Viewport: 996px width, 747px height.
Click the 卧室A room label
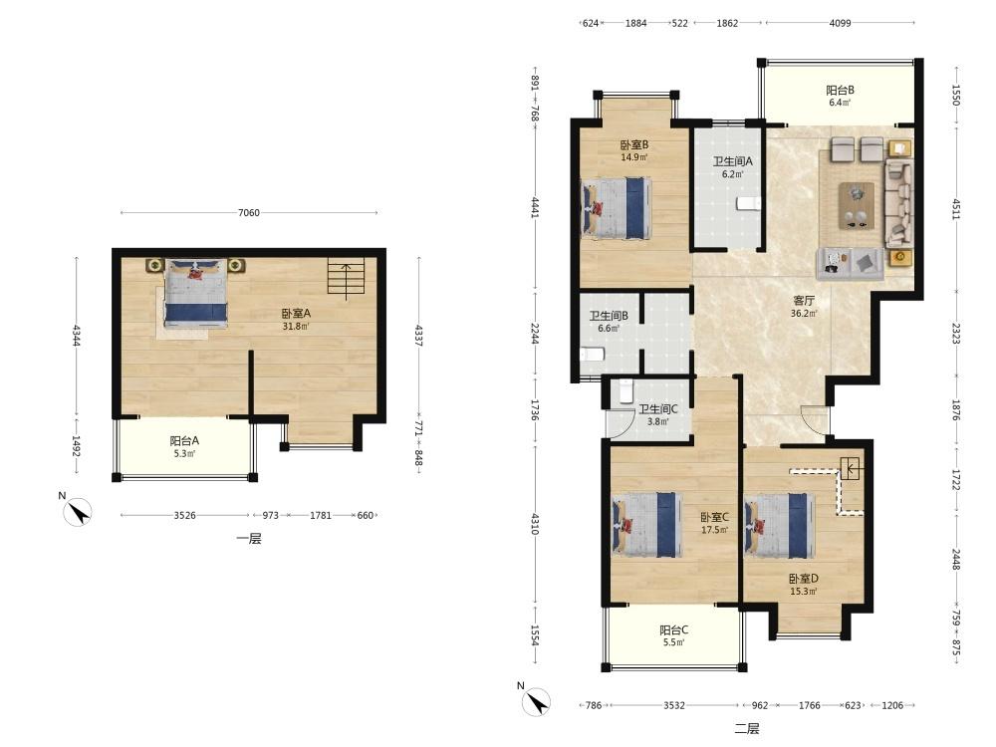coord(296,313)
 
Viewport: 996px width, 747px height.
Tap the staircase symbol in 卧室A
coord(347,278)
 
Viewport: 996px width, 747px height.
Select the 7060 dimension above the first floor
coord(249,213)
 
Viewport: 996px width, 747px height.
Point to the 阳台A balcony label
coord(184,440)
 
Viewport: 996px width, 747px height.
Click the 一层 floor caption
coord(249,539)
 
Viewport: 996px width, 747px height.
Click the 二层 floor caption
coord(747,729)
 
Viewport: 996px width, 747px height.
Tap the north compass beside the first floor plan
coord(79,510)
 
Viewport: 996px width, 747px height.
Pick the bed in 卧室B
coord(617,208)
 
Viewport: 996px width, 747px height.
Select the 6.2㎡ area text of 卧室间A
coord(732,174)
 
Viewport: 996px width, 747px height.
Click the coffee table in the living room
coord(857,205)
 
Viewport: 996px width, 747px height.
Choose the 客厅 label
coord(804,301)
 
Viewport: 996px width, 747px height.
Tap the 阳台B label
coord(840,91)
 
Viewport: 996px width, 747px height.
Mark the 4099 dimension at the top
coord(840,23)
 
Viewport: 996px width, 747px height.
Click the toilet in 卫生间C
coord(625,390)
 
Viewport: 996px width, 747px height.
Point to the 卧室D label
coord(804,579)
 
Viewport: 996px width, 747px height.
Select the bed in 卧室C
coord(646,525)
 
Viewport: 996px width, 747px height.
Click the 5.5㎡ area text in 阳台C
coord(674,642)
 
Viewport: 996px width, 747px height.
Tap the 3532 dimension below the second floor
coord(674,705)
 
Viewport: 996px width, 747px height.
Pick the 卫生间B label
coord(609,316)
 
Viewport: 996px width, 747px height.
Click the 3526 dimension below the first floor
coord(185,515)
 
